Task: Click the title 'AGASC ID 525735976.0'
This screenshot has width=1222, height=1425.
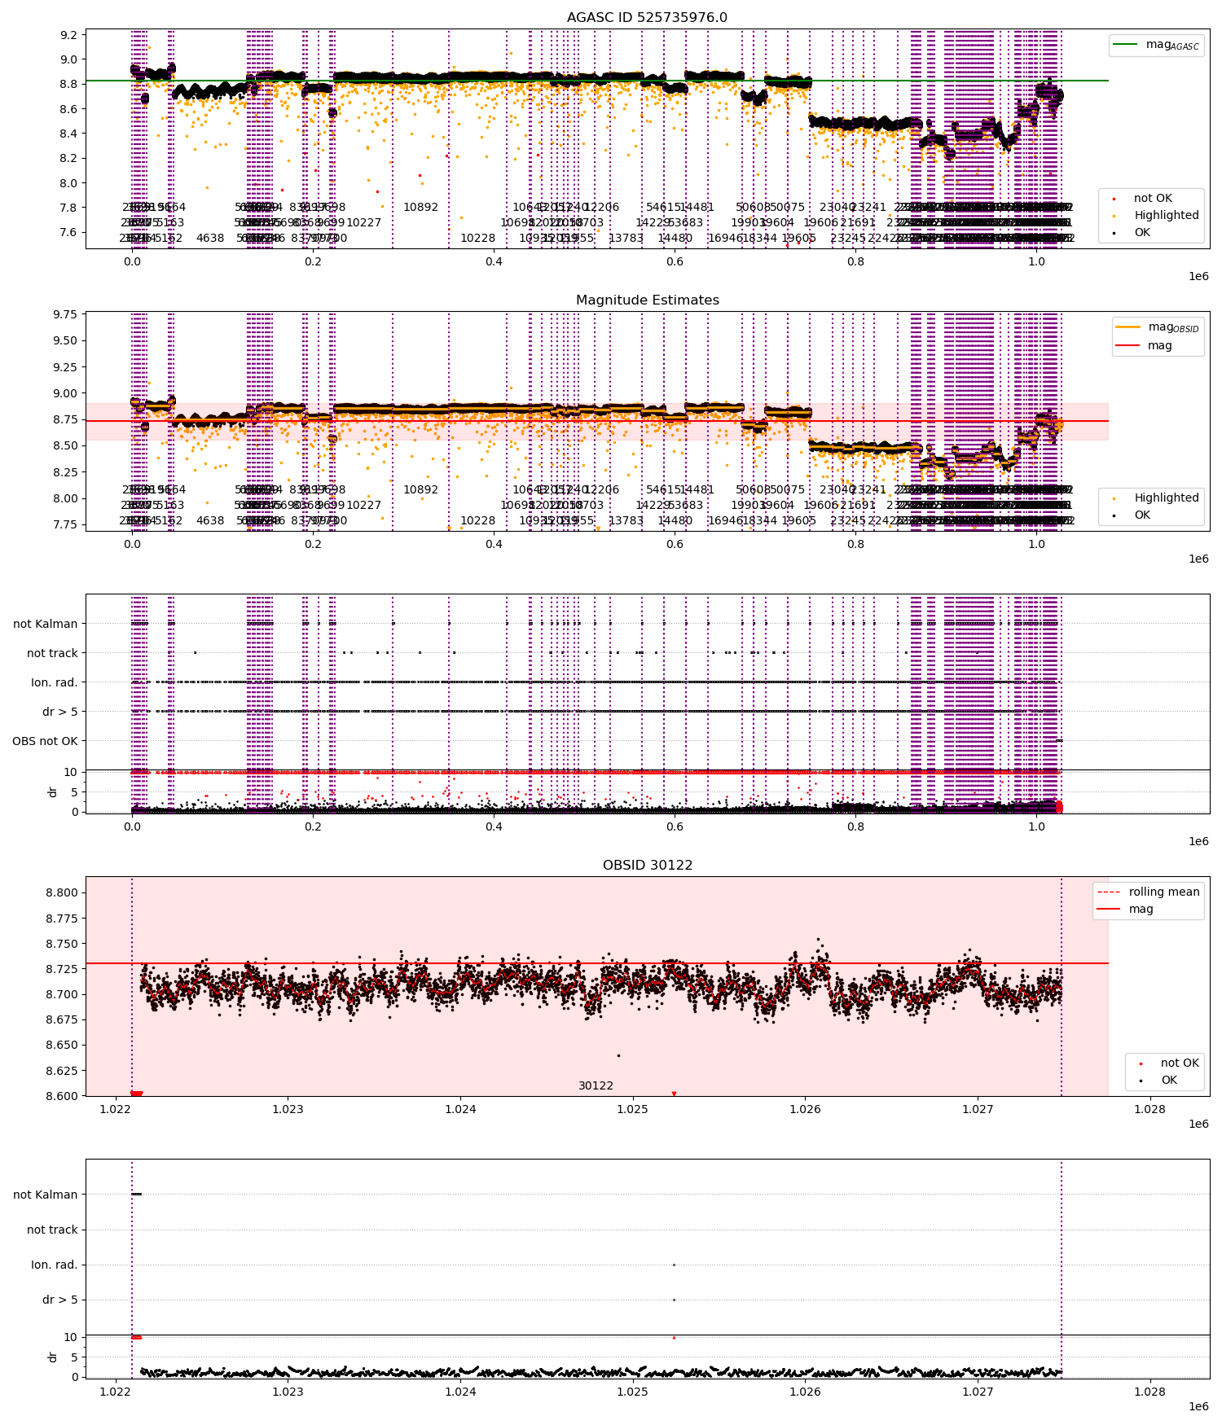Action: pos(647,18)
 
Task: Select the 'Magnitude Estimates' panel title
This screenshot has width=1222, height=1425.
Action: pos(647,300)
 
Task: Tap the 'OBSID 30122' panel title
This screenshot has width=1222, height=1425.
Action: pos(647,866)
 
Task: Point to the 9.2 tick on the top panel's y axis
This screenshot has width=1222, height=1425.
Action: pos(68,35)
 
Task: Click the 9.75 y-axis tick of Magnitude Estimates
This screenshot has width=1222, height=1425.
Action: pos(65,315)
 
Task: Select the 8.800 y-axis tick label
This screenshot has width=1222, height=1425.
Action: pos(62,892)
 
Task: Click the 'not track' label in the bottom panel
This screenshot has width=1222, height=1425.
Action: pos(52,1230)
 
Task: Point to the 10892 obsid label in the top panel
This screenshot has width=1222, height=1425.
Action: pos(420,208)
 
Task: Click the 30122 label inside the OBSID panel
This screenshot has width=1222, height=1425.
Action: pos(596,1086)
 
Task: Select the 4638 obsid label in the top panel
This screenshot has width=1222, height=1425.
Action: pos(210,239)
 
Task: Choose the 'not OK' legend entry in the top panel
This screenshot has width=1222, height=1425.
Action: pos(1153,199)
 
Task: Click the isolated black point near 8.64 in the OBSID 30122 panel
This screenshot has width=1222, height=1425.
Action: pos(618,1056)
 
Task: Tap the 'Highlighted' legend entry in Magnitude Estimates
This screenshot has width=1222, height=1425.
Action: pos(1166,498)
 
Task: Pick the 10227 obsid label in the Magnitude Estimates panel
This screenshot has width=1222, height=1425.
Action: pos(363,506)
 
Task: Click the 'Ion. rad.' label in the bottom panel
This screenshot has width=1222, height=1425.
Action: pos(54,1265)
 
